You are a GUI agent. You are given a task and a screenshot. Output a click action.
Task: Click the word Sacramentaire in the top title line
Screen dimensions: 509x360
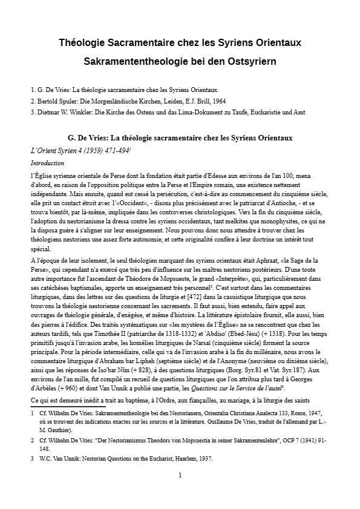coord(151,43)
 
